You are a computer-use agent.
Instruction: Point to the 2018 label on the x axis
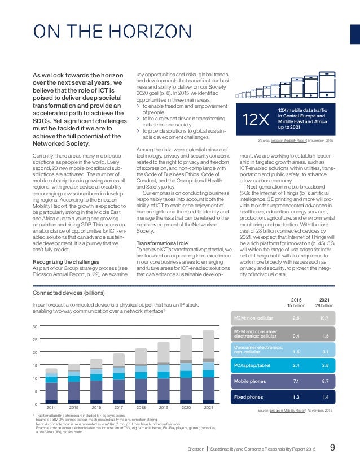141,407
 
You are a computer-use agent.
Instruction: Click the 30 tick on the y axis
35,326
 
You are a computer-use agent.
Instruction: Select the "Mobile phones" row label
252,381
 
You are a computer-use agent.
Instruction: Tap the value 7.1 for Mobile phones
296,381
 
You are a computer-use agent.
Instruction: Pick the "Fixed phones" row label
249,397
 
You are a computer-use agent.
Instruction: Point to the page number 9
332,449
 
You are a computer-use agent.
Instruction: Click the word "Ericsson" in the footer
196,449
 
